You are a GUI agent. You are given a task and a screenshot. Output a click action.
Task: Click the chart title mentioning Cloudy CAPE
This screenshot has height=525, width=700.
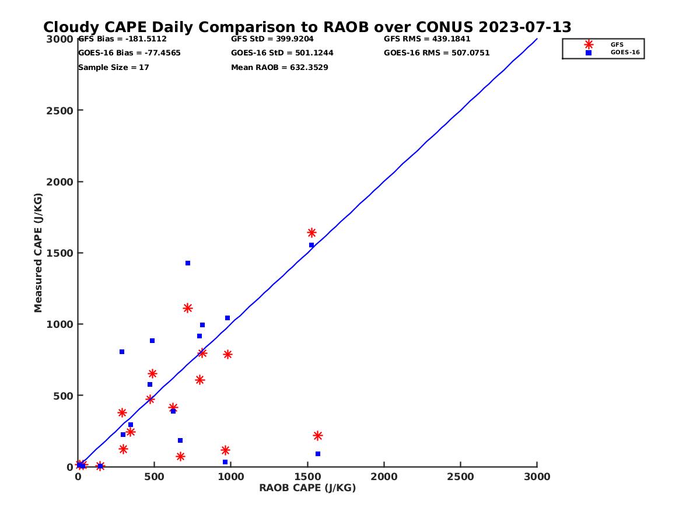pyautogui.click(x=307, y=27)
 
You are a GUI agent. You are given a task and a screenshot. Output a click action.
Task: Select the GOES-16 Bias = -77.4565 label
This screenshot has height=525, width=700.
pyautogui.click(x=129, y=53)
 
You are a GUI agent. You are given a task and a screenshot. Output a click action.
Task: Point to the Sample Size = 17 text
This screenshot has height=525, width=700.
pyautogui.click(x=113, y=68)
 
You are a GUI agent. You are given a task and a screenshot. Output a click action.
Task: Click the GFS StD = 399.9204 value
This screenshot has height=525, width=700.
pyautogui.click(x=271, y=39)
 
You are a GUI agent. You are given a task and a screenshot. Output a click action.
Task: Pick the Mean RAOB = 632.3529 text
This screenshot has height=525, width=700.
pyautogui.click(x=279, y=68)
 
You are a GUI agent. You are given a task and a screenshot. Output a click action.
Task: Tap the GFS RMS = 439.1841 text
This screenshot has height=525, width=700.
pyautogui.click(x=427, y=39)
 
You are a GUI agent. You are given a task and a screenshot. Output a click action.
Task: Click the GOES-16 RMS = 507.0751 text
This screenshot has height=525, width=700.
pyautogui.click(x=436, y=53)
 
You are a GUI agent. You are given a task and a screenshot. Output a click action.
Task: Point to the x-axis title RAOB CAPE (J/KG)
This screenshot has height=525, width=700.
pyautogui.click(x=307, y=488)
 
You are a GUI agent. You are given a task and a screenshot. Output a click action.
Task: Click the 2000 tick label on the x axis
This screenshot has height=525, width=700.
pyautogui.click(x=384, y=477)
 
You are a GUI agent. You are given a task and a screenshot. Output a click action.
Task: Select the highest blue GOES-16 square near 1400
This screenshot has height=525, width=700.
pyautogui.click(x=188, y=263)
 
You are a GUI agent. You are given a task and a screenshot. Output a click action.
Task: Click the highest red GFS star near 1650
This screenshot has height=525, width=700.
pyautogui.click(x=311, y=233)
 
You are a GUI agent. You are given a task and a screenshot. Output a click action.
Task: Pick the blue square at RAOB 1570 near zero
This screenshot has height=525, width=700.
pyautogui.click(x=318, y=454)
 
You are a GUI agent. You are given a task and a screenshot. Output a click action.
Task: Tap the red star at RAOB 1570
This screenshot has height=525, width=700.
pyautogui.click(x=318, y=436)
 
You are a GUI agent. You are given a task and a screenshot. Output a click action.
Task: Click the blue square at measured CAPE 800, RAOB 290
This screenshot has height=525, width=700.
pyautogui.click(x=122, y=352)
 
